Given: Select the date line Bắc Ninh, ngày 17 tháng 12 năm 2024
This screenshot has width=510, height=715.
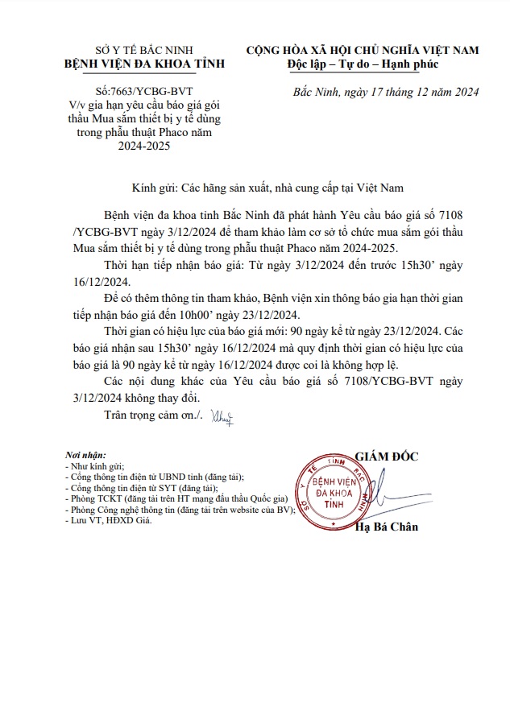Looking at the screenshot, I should click(x=387, y=93).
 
